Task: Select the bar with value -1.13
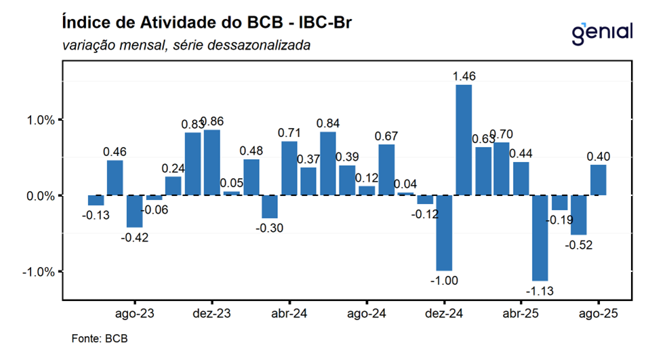pos(540,237)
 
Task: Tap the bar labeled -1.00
pos(444,233)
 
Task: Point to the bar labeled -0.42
pos(135,211)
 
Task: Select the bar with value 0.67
pos(386,170)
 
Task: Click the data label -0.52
pos(579,245)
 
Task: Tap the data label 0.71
pos(289,132)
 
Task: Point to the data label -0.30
pos(270,228)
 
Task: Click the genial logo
pos(602,32)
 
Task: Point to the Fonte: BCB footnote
pos(100,338)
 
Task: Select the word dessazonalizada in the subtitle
pos(265,46)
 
